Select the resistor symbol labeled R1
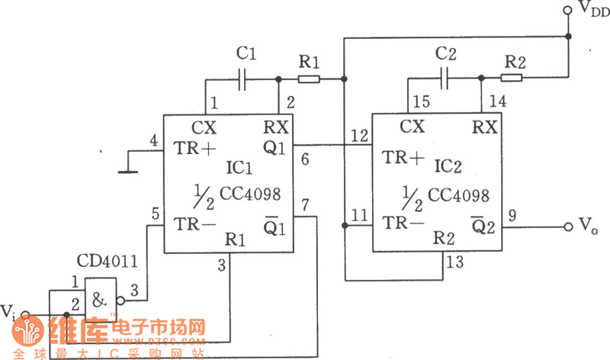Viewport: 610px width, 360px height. click(309, 79)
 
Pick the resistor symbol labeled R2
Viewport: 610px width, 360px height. click(512, 76)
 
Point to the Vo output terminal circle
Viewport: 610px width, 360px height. click(567, 227)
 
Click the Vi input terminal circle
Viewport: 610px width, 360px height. click(25, 313)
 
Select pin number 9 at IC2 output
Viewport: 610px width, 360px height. click(512, 216)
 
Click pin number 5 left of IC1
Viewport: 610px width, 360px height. click(155, 214)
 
